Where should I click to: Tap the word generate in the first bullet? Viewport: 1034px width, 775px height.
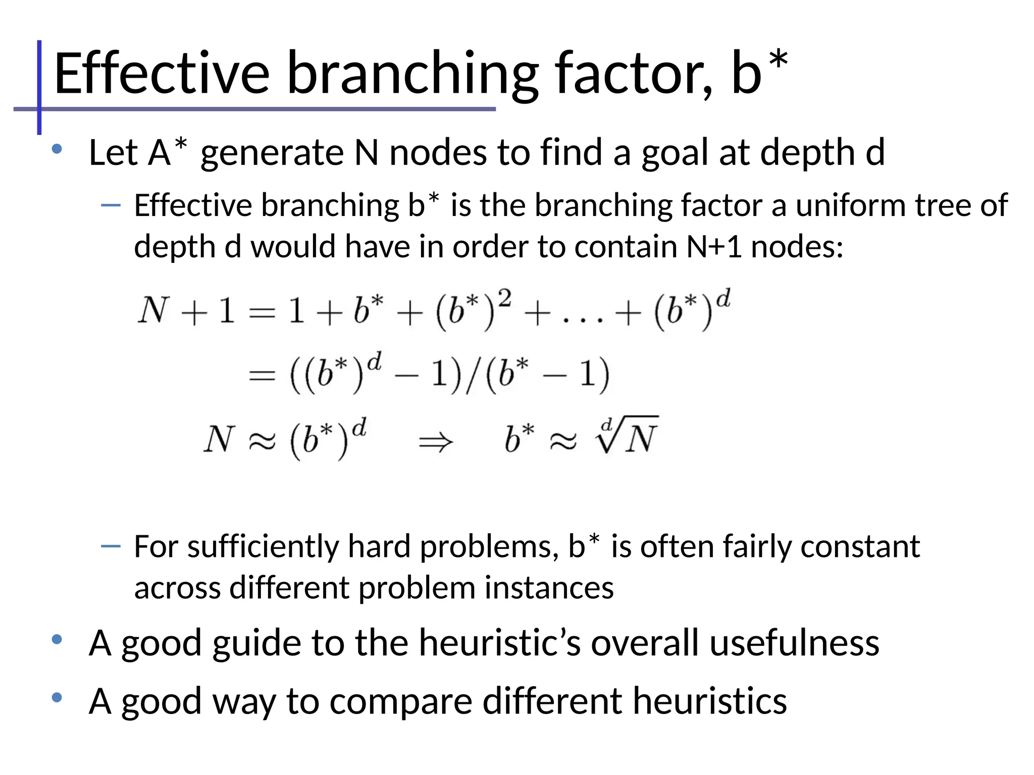(x=272, y=153)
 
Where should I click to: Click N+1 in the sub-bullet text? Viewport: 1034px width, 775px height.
(x=714, y=247)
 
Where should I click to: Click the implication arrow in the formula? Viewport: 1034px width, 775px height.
(x=436, y=442)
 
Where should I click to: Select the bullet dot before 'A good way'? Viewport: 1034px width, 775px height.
(x=57, y=697)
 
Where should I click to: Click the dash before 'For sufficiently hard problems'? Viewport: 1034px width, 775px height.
(x=111, y=546)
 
